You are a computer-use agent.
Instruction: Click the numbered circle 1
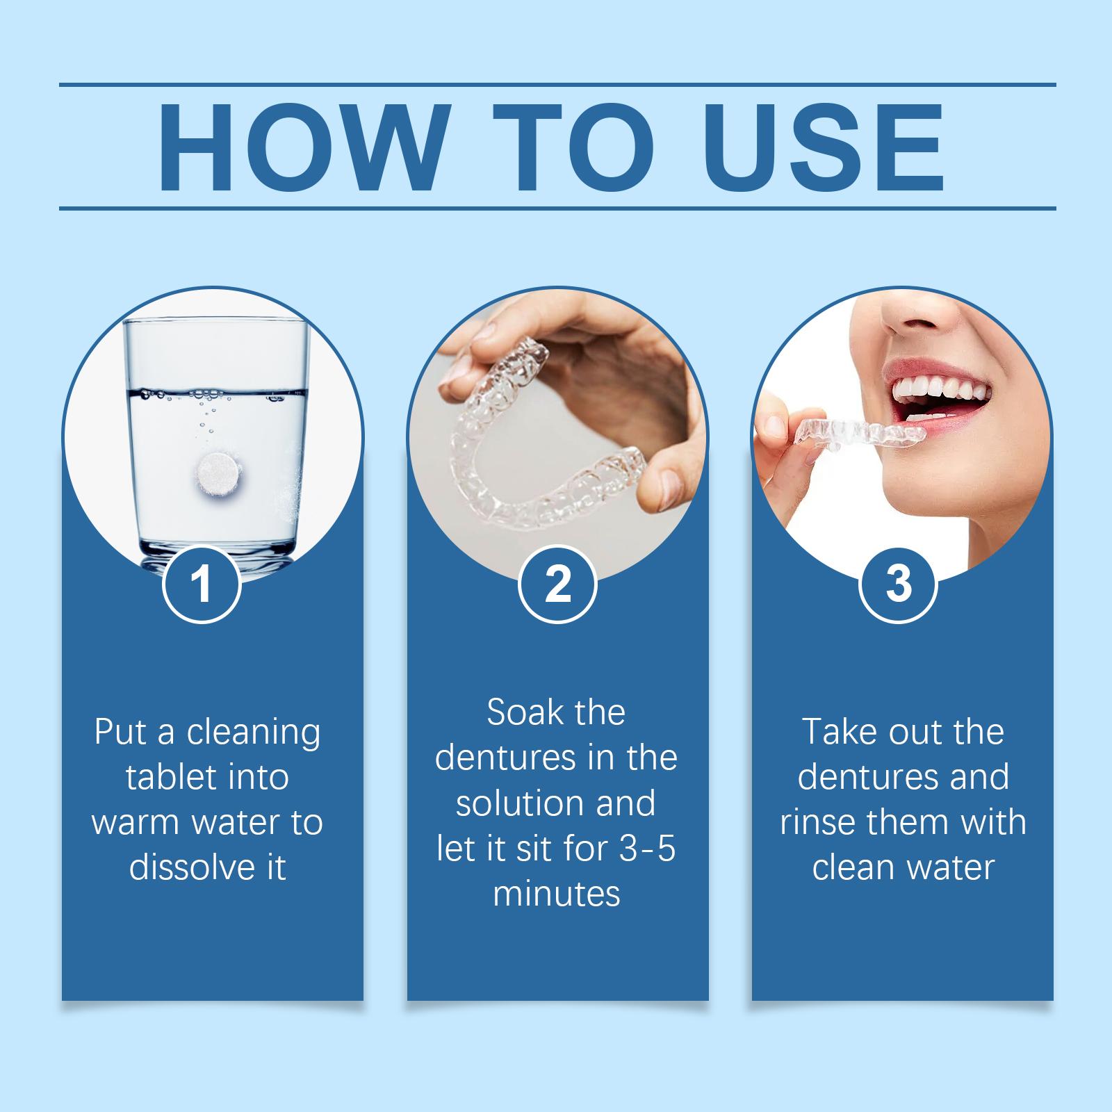[x=202, y=584]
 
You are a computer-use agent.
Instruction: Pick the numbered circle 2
[x=557, y=584]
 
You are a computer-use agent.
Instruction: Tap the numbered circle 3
[x=899, y=584]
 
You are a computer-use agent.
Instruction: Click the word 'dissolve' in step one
[x=188, y=867]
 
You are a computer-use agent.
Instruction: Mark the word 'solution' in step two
[x=515, y=803]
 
